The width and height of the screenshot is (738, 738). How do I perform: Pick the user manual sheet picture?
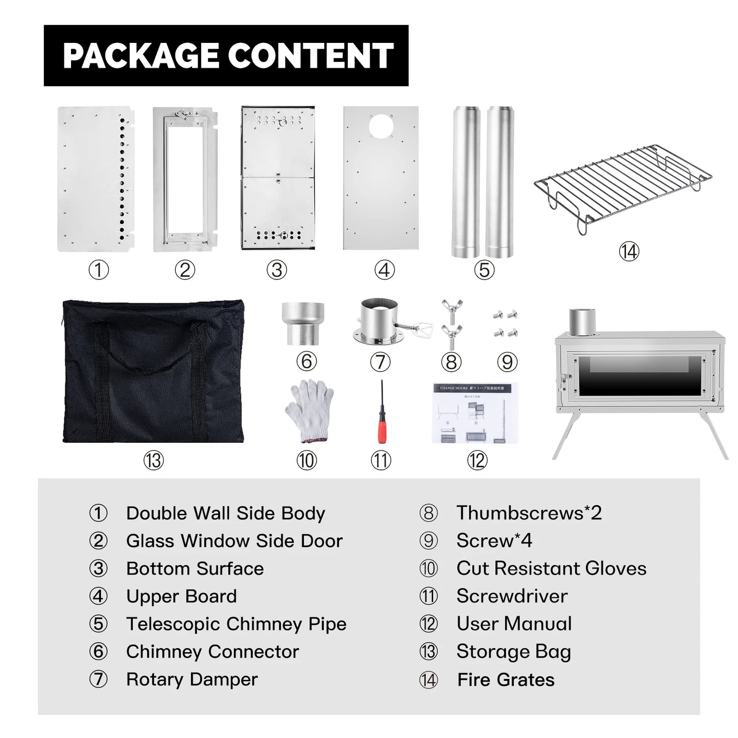475,413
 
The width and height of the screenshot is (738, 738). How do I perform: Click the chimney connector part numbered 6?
303,323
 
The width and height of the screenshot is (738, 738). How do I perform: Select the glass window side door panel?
185,179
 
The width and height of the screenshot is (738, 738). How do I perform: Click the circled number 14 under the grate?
629,251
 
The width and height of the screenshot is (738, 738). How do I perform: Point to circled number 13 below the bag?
153,461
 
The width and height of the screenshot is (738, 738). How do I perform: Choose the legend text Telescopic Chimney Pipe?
236,624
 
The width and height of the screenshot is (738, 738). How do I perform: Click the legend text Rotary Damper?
192,680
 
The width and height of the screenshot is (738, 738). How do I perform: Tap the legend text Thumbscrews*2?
529,513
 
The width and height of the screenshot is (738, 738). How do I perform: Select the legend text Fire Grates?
506,680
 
